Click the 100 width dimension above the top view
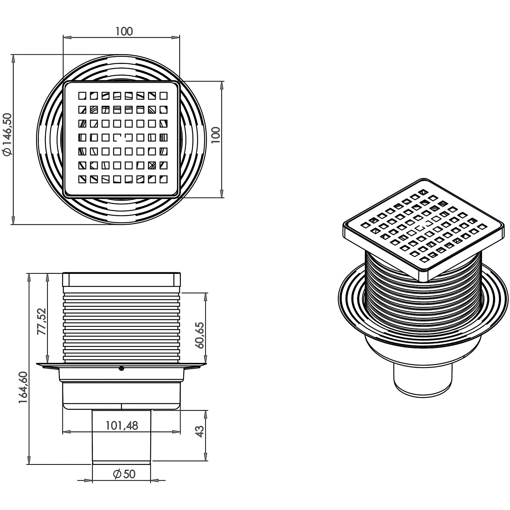[124, 31]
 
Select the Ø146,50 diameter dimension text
[8, 135]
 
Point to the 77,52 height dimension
[42, 321]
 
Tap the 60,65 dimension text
[200, 335]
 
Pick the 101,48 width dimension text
[122, 425]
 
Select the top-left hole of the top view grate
[82, 95]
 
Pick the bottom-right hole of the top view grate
[163, 179]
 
